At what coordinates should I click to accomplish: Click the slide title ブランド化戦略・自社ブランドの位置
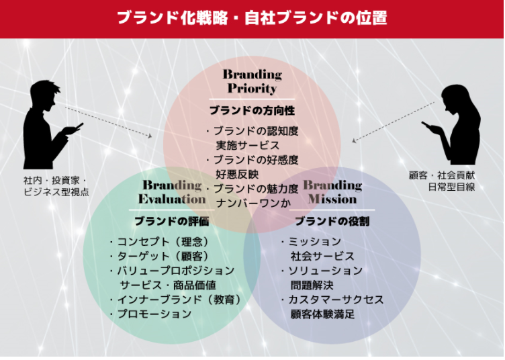click(x=252, y=18)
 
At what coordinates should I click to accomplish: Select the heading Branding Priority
click(x=252, y=81)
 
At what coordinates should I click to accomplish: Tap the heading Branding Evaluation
click(x=173, y=192)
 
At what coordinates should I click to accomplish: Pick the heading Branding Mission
click(x=332, y=192)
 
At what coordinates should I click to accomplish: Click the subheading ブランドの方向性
click(x=252, y=109)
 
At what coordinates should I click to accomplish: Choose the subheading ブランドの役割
click(x=332, y=221)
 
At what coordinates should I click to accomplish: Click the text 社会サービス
click(x=322, y=256)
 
